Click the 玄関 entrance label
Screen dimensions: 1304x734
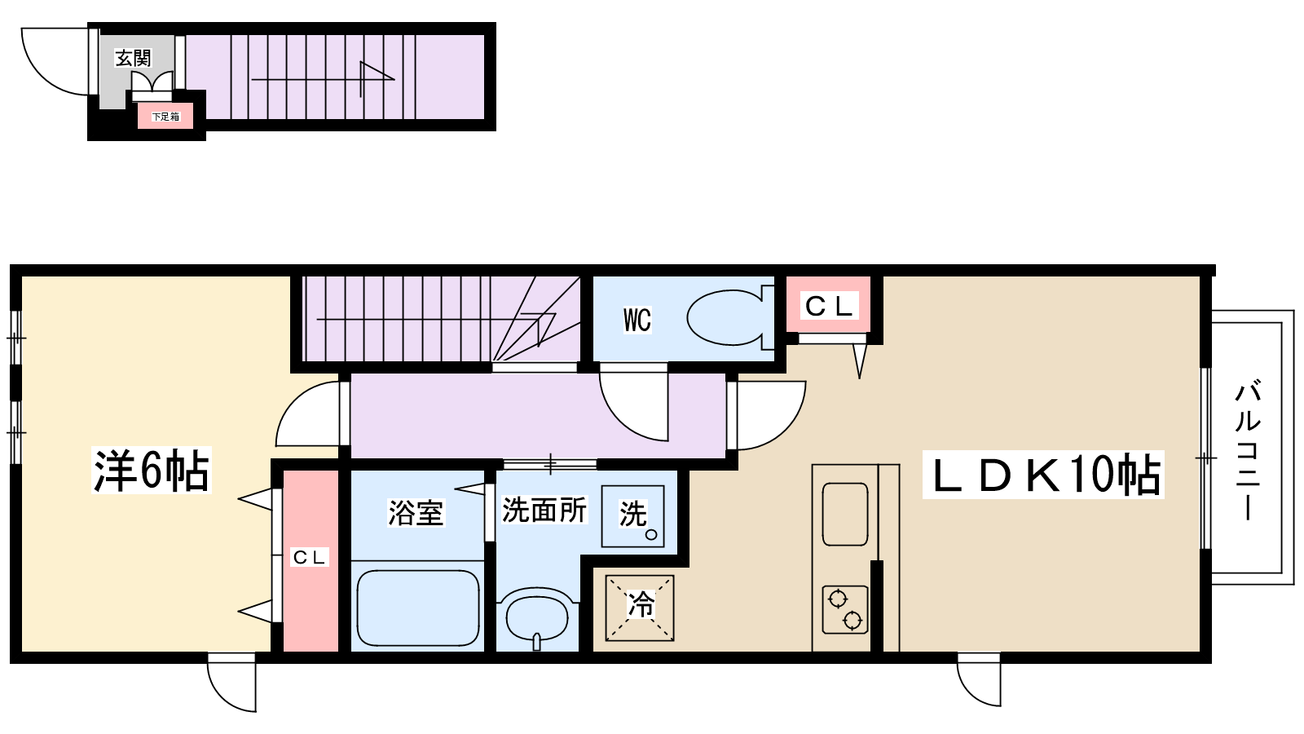(x=134, y=58)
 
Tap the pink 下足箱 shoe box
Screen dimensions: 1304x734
(x=166, y=117)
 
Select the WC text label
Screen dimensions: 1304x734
(x=637, y=321)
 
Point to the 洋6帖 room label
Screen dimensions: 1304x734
(x=152, y=470)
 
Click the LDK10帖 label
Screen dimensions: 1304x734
(x=1043, y=474)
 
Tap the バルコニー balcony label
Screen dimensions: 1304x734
(x=1247, y=450)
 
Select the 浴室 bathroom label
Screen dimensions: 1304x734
(x=416, y=513)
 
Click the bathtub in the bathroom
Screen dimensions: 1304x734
(x=417, y=608)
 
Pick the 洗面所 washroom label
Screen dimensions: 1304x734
(x=544, y=511)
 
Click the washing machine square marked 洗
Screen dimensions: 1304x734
(x=632, y=516)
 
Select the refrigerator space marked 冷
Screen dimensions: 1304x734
(x=640, y=608)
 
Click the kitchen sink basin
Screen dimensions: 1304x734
(x=844, y=514)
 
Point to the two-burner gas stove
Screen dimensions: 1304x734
(x=845, y=609)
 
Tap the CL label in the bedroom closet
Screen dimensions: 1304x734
(x=309, y=558)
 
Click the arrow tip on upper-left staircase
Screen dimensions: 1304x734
(x=394, y=78)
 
